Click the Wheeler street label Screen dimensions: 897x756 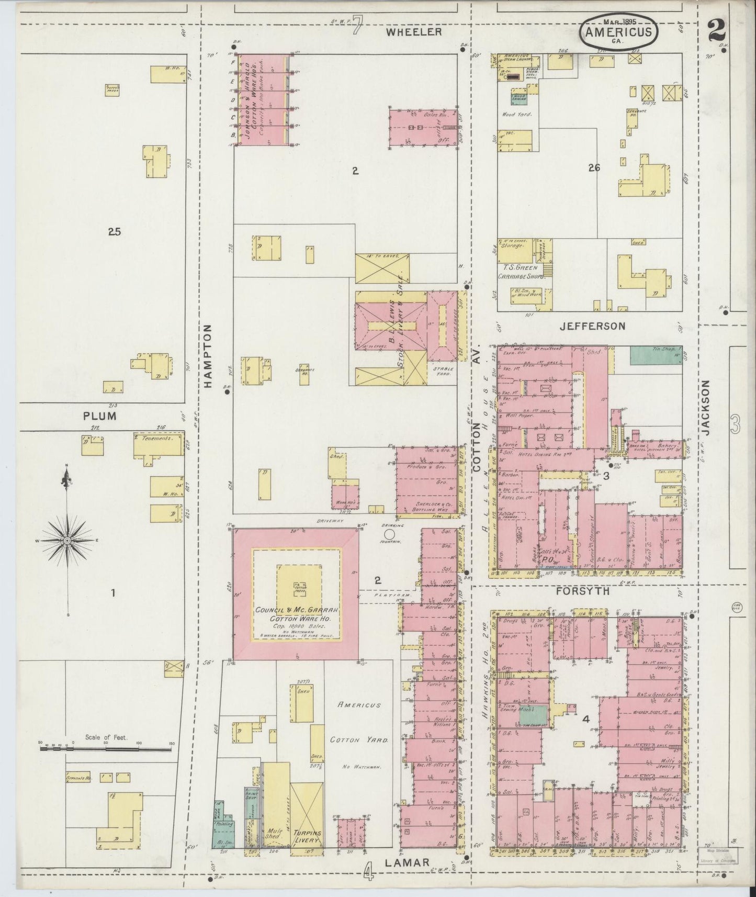coord(414,32)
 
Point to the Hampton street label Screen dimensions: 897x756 coord(208,355)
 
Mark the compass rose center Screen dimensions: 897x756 coord(67,540)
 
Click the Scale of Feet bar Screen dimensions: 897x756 coord(106,749)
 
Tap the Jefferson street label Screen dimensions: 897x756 coord(592,326)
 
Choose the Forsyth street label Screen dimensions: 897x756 coord(582,591)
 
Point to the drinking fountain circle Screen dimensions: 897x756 coord(389,534)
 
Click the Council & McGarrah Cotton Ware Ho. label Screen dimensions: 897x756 coord(297,614)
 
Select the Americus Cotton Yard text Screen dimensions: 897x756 coord(359,723)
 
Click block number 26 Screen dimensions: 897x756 coord(593,168)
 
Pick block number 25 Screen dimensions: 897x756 coord(114,231)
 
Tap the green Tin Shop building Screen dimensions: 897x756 coord(656,355)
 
